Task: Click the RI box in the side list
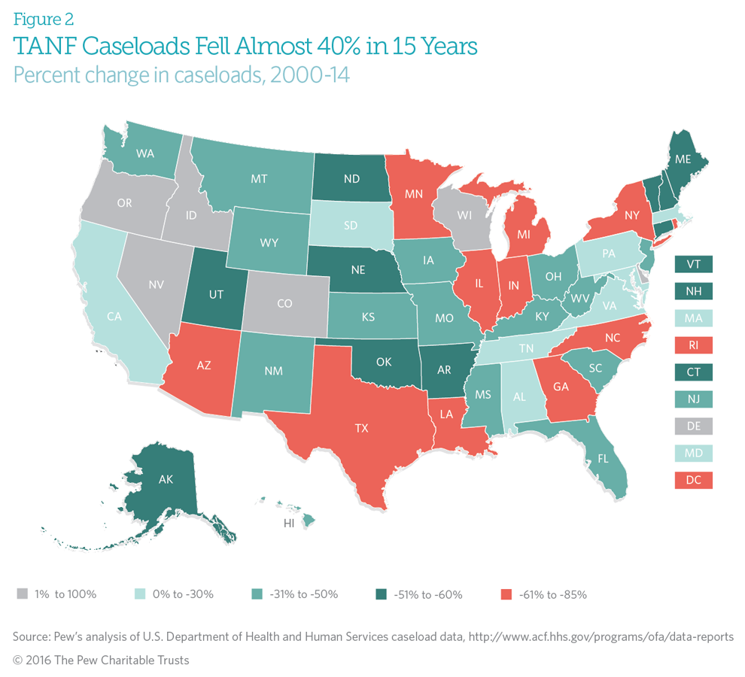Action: point(694,345)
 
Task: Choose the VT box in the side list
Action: point(694,264)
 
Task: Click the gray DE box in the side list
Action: point(694,427)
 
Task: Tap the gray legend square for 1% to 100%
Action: point(22,594)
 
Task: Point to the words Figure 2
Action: point(44,18)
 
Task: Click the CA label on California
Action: point(114,317)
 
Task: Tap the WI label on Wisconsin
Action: point(466,215)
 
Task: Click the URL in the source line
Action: point(601,636)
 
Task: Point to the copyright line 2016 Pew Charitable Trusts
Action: point(101,660)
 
